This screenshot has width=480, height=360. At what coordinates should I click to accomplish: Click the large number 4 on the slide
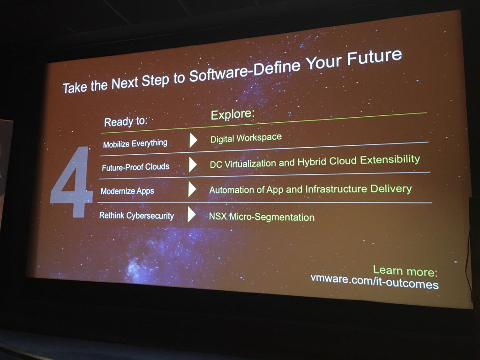coord(71,182)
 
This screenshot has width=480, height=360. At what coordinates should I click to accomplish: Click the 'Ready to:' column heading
coord(126,121)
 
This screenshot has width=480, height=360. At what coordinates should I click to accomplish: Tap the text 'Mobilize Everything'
coord(135,143)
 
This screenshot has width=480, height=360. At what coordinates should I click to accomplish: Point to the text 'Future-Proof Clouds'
coord(135,167)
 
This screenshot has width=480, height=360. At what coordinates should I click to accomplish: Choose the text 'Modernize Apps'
coord(127,191)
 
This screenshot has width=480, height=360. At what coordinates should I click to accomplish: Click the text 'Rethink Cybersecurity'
coord(136,216)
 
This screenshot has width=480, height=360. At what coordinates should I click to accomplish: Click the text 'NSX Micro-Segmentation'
coord(262,217)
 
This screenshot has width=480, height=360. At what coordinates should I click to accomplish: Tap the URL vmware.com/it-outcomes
coord(375,284)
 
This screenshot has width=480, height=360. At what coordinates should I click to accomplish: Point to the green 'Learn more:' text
coord(405,271)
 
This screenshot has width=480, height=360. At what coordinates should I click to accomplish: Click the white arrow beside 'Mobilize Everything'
coord(193,141)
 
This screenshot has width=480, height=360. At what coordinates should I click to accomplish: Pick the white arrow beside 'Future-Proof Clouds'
coord(192,165)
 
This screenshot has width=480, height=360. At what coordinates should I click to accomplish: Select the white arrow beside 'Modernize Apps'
coord(192,189)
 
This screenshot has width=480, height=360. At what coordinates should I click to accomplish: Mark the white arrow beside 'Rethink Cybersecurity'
coord(191,215)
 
